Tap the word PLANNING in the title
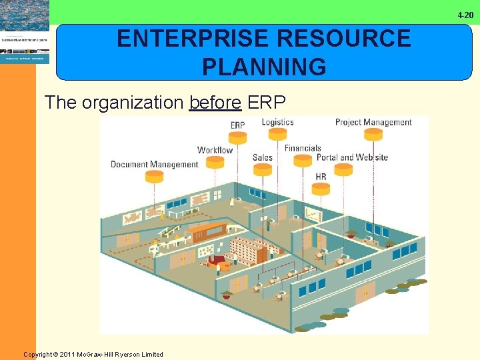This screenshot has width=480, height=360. pyautogui.click(x=264, y=67)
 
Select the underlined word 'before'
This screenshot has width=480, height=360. pyautogui.click(x=215, y=103)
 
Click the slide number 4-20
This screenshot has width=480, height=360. pyautogui.click(x=465, y=15)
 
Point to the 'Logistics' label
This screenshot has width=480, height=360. pyautogui.click(x=277, y=121)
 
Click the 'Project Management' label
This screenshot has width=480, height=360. pyautogui.click(x=373, y=122)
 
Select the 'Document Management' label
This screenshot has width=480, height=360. pyautogui.click(x=154, y=164)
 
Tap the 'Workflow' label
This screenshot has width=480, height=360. pyautogui.click(x=215, y=150)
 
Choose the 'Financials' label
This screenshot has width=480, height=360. pyautogui.click(x=303, y=148)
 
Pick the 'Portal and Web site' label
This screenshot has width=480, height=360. pyautogui.click(x=352, y=158)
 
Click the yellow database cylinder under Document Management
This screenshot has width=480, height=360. pyautogui.click(x=154, y=177)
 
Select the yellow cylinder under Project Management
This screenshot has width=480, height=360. pyautogui.click(x=373, y=134)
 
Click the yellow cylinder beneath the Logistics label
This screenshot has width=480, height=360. pyautogui.click(x=277, y=134)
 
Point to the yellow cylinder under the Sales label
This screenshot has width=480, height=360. pyautogui.click(x=263, y=170)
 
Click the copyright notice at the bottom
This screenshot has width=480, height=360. pyautogui.click(x=93, y=354)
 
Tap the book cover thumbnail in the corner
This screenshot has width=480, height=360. pyautogui.click(x=24, y=32)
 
